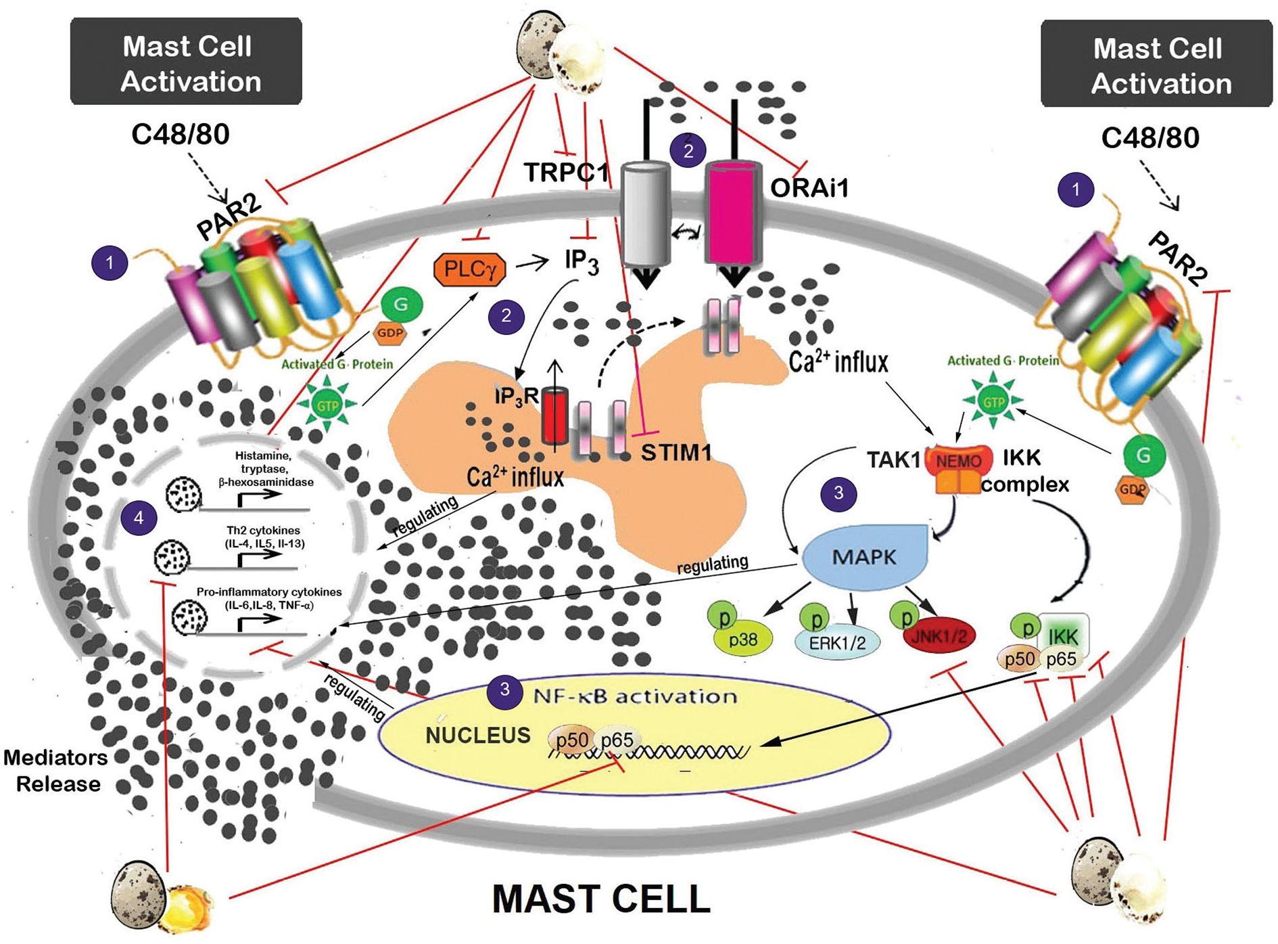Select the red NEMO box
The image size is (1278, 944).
tap(958, 461)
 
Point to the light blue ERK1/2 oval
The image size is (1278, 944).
tap(837, 642)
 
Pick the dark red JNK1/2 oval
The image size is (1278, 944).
tap(939, 635)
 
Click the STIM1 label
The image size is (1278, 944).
tap(676, 452)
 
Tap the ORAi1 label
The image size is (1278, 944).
tap(809, 187)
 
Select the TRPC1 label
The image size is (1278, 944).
tap(567, 173)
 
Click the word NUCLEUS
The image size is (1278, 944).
tap(477, 735)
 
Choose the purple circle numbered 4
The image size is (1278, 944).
tap(139, 518)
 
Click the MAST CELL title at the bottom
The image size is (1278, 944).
tap(601, 899)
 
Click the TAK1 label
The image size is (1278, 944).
tap(893, 460)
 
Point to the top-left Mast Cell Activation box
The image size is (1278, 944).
tap(187, 62)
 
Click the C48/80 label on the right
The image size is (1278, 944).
tap(1150, 138)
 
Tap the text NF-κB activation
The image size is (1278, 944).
tap(634, 696)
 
